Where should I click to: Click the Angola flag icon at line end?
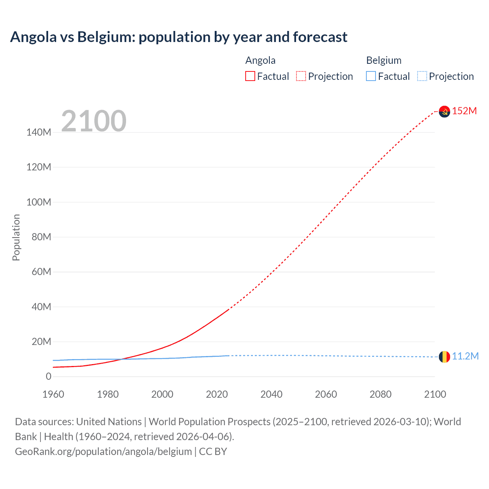click(x=444, y=111)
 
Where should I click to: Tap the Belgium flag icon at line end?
click(x=444, y=356)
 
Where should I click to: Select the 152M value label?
click(x=465, y=111)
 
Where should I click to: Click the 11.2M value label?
click(x=465, y=356)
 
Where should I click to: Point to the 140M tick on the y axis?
click(x=39, y=132)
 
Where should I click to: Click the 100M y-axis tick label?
click(x=39, y=202)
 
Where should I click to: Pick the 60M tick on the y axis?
click(x=41, y=272)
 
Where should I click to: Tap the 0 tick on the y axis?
click(x=49, y=376)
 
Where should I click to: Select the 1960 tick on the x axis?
click(x=53, y=394)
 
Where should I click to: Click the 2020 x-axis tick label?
click(x=217, y=394)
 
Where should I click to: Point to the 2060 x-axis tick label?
click(x=326, y=394)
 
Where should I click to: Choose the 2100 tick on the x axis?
click(x=435, y=394)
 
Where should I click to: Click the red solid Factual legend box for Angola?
click(x=250, y=76)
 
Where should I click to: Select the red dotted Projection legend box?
click(x=301, y=76)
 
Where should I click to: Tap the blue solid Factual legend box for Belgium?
click(x=371, y=76)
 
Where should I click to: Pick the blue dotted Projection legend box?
click(x=422, y=76)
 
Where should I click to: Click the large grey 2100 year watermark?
click(x=94, y=121)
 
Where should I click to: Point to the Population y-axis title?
click(x=16, y=237)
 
